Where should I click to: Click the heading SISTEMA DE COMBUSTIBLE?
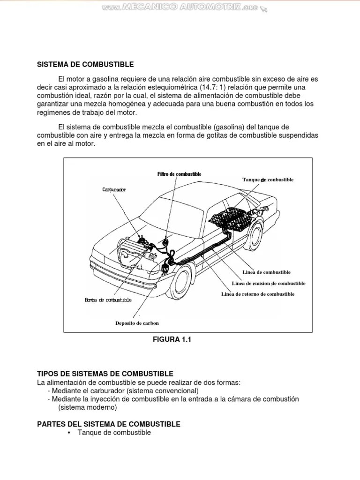(x=85, y=64)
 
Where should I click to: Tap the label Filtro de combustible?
(x=179, y=174)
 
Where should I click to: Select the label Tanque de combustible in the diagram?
(x=268, y=180)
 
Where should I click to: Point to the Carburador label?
(x=115, y=189)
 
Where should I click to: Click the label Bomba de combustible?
(x=108, y=300)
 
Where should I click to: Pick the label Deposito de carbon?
(x=137, y=323)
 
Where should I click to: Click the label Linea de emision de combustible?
(x=269, y=283)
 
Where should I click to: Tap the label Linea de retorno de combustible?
(x=258, y=294)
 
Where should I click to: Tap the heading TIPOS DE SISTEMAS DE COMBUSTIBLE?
(x=105, y=374)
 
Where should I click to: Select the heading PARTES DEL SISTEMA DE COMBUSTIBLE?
(x=108, y=424)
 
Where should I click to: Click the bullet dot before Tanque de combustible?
(x=69, y=433)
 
